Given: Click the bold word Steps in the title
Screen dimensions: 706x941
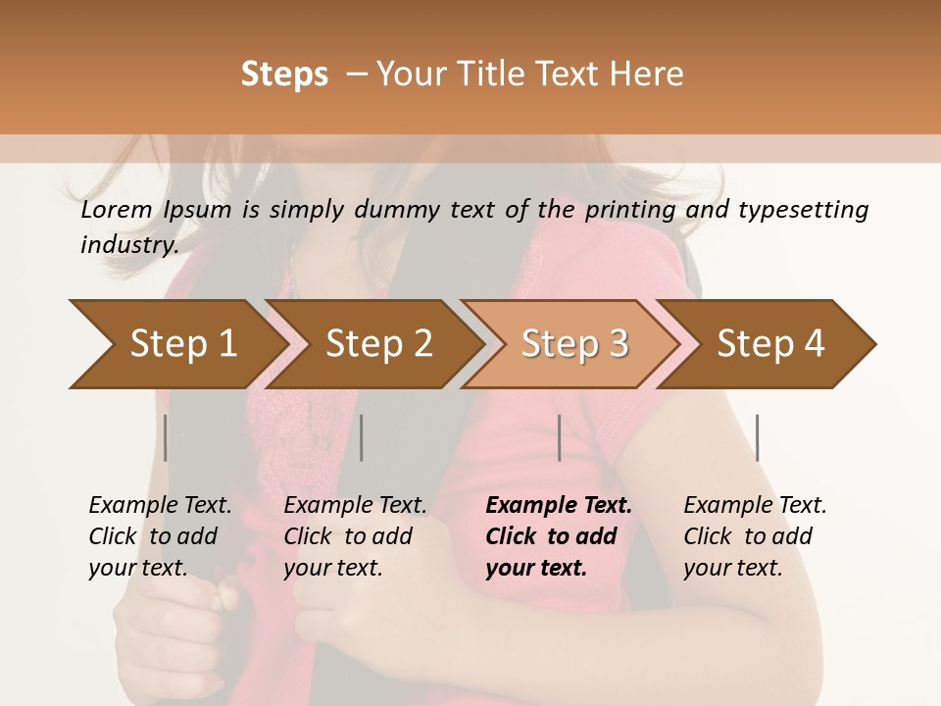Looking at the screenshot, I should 284,74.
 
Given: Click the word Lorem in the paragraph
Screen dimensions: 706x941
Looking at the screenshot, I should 117,210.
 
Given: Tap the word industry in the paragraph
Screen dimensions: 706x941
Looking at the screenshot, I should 129,244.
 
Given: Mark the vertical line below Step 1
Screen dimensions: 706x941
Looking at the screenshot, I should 166,437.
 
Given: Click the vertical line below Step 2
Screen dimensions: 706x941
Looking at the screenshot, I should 362,437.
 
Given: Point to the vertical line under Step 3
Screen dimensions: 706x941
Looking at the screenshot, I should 559,437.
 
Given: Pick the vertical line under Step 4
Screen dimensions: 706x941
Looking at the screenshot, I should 757,437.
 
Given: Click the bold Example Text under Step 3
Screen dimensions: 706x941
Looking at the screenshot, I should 559,506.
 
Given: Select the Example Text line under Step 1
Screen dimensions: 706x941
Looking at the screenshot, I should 160,506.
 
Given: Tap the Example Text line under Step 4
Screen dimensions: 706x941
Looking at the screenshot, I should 755,506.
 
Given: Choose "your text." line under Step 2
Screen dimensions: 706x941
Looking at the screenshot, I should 332,568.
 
